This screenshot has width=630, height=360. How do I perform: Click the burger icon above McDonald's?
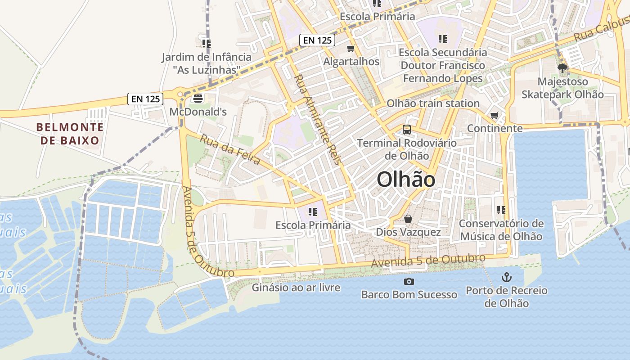click(198, 98)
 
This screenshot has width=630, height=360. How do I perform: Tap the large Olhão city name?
click(406, 180)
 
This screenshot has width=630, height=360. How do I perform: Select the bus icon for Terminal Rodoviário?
click(407, 130)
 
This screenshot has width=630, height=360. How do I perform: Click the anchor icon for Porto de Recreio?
click(507, 277)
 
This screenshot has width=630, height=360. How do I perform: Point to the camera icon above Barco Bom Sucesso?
click(409, 282)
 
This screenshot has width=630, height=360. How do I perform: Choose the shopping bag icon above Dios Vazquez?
click(408, 219)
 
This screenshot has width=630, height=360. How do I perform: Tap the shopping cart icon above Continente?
click(495, 116)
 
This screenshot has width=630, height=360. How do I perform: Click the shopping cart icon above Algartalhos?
click(351, 48)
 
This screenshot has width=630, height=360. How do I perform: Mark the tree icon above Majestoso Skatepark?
click(562, 68)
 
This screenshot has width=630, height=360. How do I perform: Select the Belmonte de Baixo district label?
click(70, 134)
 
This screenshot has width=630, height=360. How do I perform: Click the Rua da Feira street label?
click(230, 149)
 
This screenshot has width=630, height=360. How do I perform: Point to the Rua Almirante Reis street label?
click(318, 119)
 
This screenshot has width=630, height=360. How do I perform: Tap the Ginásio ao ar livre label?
click(296, 288)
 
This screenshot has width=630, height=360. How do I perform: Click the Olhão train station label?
click(433, 103)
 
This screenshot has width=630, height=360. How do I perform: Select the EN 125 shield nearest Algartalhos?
click(317, 40)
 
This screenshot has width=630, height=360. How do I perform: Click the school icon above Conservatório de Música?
click(501, 210)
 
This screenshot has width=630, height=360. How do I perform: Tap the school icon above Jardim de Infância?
click(207, 44)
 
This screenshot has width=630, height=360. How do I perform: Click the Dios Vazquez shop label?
click(408, 232)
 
